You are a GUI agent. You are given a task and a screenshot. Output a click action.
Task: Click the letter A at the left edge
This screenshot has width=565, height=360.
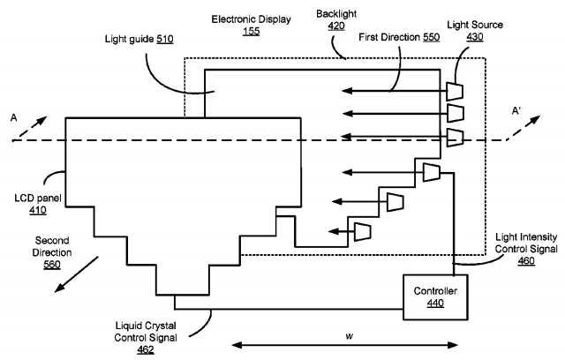[x=12, y=116]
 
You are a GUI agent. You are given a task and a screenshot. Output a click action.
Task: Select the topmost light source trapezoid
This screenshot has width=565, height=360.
[x=456, y=91]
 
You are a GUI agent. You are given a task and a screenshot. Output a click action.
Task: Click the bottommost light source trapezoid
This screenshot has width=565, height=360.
[x=361, y=231]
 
